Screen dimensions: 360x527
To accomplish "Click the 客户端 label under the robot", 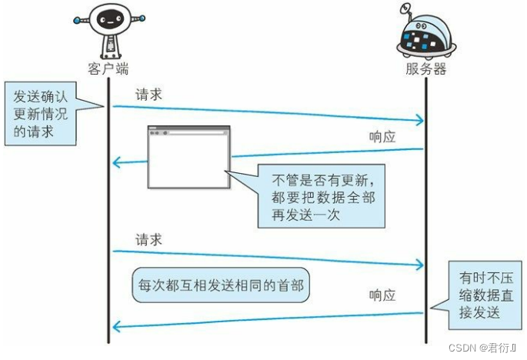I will pos(107,68).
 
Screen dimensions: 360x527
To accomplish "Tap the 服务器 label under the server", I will pos(425,68).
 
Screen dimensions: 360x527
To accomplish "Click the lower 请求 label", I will pos(148,239).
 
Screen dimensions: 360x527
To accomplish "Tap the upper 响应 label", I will pos(382,136).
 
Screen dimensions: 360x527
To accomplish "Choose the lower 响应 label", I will pos(382,295).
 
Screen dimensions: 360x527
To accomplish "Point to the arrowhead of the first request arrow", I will pos(422,121).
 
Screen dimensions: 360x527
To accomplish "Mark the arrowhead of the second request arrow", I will pos(422,265).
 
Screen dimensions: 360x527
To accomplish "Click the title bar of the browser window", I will pos(188,132).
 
